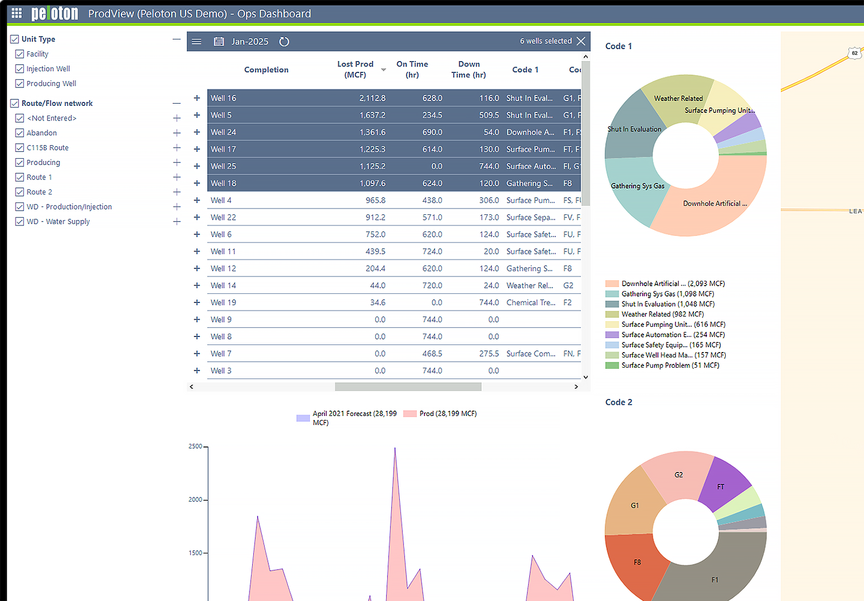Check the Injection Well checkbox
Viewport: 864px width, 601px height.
20,69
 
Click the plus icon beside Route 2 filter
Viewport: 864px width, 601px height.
177,192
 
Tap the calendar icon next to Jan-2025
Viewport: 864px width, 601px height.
219,42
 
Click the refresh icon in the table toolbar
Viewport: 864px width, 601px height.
284,42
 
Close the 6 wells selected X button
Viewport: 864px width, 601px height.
581,41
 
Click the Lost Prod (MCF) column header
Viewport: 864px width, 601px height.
355,69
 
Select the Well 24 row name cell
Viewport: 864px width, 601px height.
224,132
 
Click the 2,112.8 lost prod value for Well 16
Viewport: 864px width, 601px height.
372,98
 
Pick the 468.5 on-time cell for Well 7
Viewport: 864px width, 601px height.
432,353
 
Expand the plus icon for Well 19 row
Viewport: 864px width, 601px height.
197,302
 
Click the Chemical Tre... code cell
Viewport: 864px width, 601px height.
530,302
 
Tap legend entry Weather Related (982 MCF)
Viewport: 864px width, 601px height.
662,314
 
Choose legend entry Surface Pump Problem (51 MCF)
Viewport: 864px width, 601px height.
670,365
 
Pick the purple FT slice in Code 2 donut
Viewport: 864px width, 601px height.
722,483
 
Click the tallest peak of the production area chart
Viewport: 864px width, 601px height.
395,450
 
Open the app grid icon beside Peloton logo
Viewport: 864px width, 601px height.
17,13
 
